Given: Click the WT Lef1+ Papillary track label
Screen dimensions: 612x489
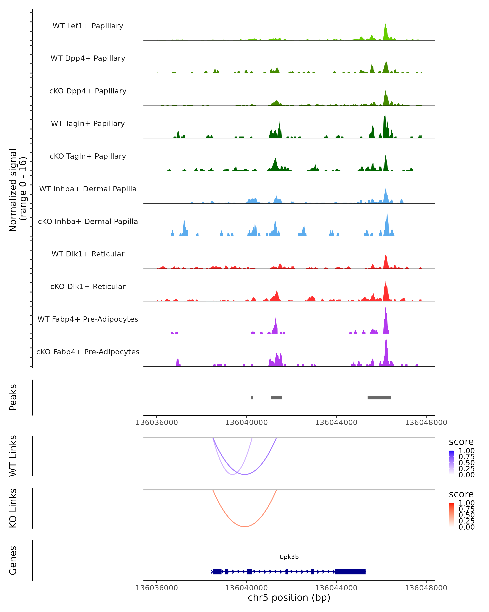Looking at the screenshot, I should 88,26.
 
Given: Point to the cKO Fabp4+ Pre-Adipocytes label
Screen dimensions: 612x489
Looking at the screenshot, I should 88,352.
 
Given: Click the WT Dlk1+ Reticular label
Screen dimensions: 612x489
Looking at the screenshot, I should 88,254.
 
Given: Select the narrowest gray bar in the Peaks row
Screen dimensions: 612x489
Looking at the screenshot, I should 252,397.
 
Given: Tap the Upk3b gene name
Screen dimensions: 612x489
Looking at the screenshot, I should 289,557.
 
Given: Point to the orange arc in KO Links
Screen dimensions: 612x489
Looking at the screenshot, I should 245,526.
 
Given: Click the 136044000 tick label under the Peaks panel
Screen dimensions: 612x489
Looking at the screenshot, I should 336,422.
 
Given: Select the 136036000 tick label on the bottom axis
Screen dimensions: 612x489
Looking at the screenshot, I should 156,588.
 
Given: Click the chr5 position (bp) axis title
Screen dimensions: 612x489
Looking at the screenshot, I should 289,598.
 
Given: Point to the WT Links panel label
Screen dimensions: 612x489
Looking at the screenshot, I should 13,456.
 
